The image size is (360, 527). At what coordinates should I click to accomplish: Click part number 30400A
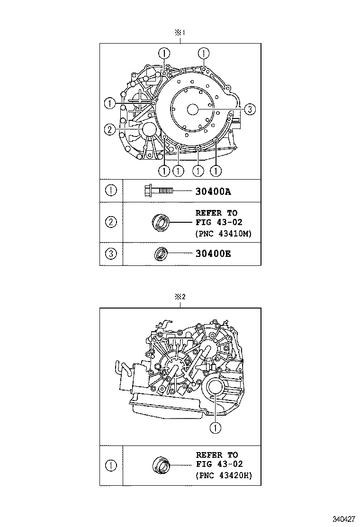coord(213,191)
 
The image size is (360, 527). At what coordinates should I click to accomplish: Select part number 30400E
coord(213,254)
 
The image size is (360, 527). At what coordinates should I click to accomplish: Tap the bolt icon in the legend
coord(158,191)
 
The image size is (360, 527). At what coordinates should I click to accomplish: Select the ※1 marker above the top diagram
coord(180,33)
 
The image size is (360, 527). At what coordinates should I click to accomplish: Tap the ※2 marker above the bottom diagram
coord(180,297)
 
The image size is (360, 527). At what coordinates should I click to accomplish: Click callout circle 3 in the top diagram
coord(250,109)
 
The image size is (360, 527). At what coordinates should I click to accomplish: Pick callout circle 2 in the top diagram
coord(109,129)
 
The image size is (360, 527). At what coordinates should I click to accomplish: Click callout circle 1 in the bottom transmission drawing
coord(216,428)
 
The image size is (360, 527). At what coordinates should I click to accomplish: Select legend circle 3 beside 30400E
coord(111,254)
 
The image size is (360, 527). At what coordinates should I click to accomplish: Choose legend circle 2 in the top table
coord(111,222)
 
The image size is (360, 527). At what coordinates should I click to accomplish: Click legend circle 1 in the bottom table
coord(111,465)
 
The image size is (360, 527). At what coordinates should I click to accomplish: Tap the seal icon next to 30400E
coord(161,254)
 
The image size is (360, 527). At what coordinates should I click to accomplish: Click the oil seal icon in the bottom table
coord(161,465)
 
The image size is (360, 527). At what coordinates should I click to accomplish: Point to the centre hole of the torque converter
coord(192,109)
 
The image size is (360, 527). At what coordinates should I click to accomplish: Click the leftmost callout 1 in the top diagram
coord(109,102)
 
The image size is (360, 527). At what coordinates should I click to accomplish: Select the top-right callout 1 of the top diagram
coord(204,53)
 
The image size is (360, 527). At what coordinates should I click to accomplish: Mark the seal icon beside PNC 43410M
coord(160,222)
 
